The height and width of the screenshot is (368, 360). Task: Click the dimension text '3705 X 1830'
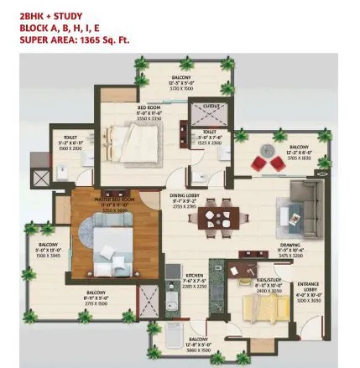coord(299,157)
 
